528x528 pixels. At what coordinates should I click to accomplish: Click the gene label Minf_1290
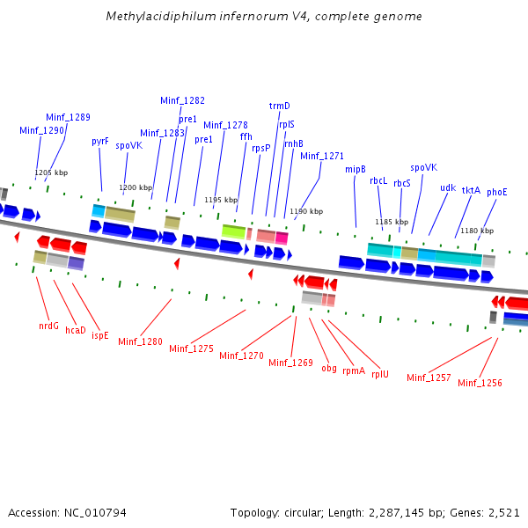tap(41, 130)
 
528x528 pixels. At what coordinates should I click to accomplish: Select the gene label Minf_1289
tap(68, 117)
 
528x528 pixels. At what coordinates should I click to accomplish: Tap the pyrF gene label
tap(100, 141)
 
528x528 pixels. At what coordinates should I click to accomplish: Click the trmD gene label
tap(279, 106)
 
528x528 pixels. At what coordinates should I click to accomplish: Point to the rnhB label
tap(293, 143)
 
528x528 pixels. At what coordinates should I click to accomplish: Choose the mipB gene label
tap(355, 169)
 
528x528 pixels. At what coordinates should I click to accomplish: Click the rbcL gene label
tap(378, 180)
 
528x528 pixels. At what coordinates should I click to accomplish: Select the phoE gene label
tap(497, 191)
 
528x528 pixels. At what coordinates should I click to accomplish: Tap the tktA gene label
tap(471, 190)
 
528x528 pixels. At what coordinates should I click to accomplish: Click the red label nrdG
tap(48, 326)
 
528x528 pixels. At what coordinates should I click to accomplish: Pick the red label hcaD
tap(76, 331)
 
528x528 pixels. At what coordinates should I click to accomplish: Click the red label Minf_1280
tap(140, 341)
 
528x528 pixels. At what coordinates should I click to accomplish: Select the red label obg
tap(328, 367)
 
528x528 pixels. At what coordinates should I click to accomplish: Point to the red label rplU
tap(379, 374)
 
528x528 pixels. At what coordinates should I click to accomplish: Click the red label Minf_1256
tap(480, 383)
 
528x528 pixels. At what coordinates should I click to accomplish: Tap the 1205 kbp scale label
tap(51, 173)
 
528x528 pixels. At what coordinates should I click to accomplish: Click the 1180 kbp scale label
tap(476, 231)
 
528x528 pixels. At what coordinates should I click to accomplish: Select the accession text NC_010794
tap(93, 512)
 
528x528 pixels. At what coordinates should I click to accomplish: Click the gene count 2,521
tap(502, 512)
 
